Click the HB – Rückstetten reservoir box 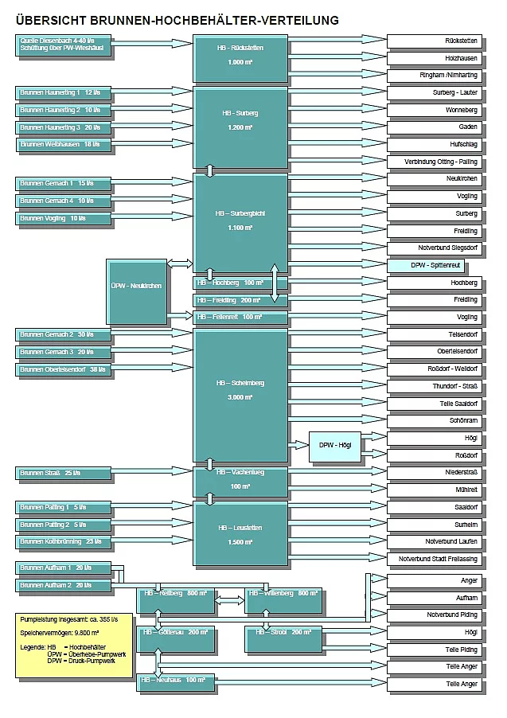(x=240, y=57)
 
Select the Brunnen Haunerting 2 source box (x=64, y=110)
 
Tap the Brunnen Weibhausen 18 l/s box (x=64, y=145)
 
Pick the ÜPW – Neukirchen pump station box (x=137, y=291)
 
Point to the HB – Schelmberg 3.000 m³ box (x=240, y=395)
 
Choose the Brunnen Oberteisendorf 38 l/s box (x=64, y=369)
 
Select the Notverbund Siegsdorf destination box (x=435, y=248)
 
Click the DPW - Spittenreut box (x=435, y=265)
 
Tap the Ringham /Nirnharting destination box (x=435, y=75)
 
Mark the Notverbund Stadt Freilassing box (x=435, y=559)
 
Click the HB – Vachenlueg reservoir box (x=240, y=479)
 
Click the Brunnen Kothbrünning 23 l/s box (x=64, y=542)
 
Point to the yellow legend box (x=74, y=645)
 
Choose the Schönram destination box (x=435, y=420)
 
